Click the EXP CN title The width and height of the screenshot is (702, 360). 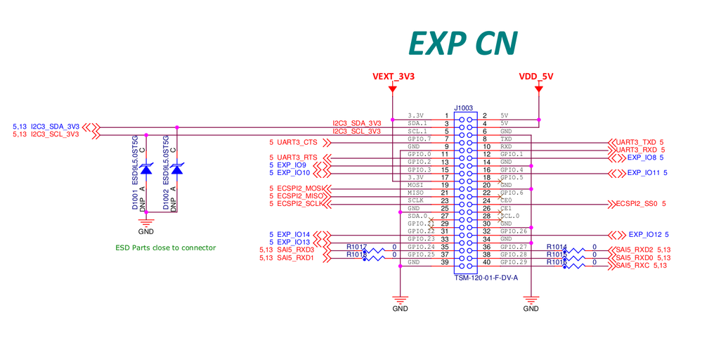click(x=463, y=44)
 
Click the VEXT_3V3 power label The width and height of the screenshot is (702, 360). click(x=393, y=77)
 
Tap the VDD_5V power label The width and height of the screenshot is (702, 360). click(x=536, y=77)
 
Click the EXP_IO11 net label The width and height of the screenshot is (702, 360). click(x=644, y=172)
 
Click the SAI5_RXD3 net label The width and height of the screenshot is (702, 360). click(x=294, y=250)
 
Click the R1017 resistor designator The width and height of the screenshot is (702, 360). click(x=356, y=246)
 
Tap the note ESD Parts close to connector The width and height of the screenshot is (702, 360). click(x=165, y=247)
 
